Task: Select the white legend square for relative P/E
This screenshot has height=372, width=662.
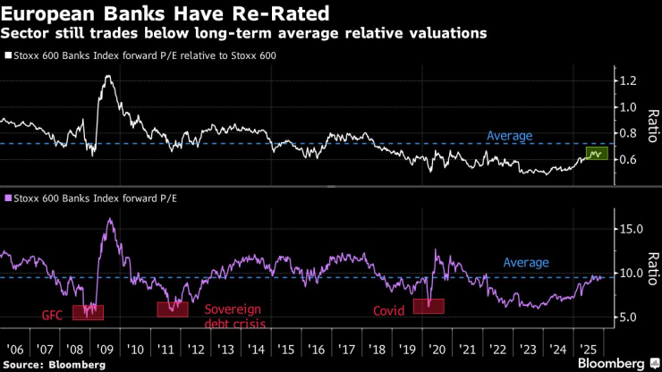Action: [x=8, y=55]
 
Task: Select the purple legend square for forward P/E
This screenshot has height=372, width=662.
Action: [x=8, y=198]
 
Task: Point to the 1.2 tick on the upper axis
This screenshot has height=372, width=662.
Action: [x=628, y=80]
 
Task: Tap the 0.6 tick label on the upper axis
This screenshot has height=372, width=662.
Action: [x=628, y=160]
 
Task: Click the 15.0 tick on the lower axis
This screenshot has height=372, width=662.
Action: [x=631, y=229]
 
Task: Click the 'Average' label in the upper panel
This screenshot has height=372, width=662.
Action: [x=509, y=136]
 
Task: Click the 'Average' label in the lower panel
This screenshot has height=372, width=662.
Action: [x=526, y=263]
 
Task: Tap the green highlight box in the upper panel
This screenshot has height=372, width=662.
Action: [x=596, y=154]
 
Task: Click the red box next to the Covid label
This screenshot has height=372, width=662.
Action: [x=429, y=306]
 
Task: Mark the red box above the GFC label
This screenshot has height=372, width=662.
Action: [x=88, y=312]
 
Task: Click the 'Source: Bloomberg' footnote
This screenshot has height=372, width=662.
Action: [x=55, y=365]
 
